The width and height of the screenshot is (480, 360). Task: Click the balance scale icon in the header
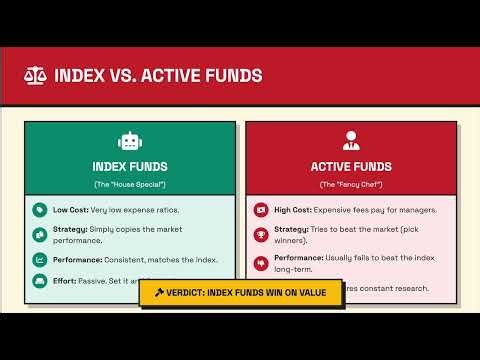coord(35,75)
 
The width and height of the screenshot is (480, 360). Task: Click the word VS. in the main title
coord(124,75)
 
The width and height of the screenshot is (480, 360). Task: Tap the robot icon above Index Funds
coord(130,142)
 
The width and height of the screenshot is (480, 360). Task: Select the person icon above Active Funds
coord(350,141)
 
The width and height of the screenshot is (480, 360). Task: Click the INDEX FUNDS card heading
coord(130,167)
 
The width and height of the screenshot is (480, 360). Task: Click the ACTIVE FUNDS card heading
coord(350,167)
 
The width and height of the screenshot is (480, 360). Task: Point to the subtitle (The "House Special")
coord(130,185)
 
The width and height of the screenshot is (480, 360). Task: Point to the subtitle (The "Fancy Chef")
coord(350,185)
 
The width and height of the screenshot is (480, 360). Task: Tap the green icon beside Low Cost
coord(39,210)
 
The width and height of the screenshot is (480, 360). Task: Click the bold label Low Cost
coord(71,210)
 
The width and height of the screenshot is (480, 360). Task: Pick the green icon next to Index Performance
coord(39,260)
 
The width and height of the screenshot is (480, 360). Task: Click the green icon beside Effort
coord(39,283)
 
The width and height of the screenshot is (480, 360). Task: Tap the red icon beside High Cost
coord(260,210)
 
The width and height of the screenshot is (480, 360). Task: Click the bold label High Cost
coord(293,210)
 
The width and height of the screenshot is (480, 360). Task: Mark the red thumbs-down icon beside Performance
coord(260,260)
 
